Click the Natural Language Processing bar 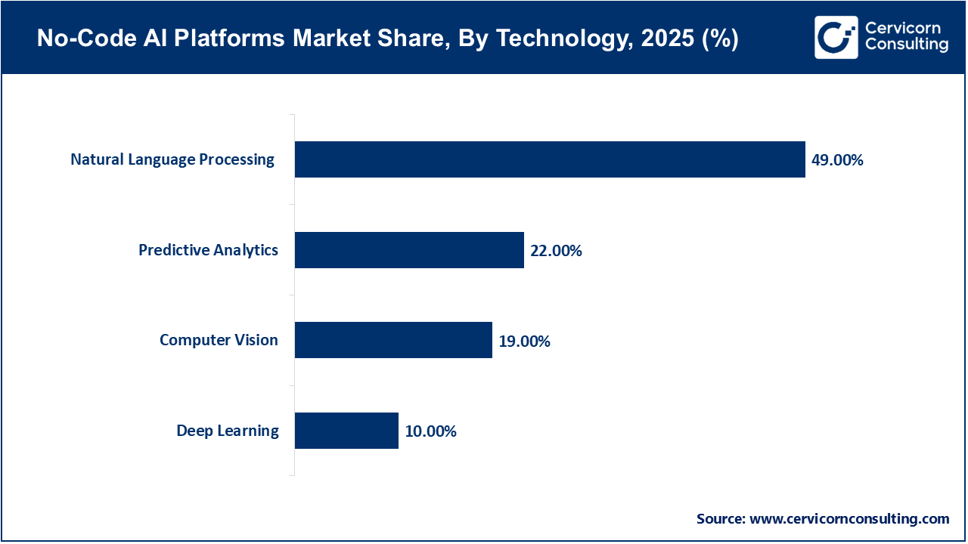click(550, 159)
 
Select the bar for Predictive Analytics click(409, 250)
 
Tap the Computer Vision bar click(393, 340)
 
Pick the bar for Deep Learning click(346, 431)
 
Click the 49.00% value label click(837, 160)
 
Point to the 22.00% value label click(556, 251)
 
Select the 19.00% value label click(524, 342)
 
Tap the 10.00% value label click(430, 431)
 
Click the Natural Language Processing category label click(172, 159)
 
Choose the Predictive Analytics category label click(208, 250)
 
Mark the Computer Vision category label click(219, 340)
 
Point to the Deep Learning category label click(228, 431)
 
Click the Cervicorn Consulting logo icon click(836, 37)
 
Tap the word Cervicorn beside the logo click(902, 28)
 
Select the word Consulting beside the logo click(906, 45)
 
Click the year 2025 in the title click(665, 40)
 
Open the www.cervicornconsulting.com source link click(849, 519)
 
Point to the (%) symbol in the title click(720, 40)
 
